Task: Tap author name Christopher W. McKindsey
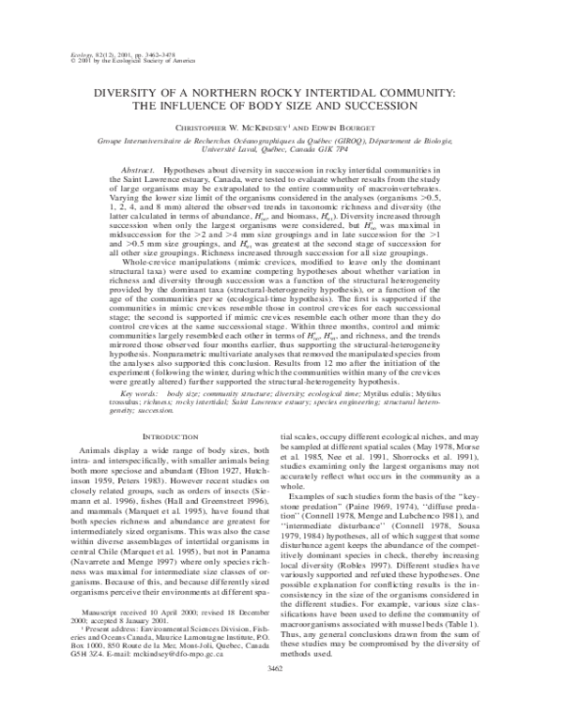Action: [237, 125]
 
